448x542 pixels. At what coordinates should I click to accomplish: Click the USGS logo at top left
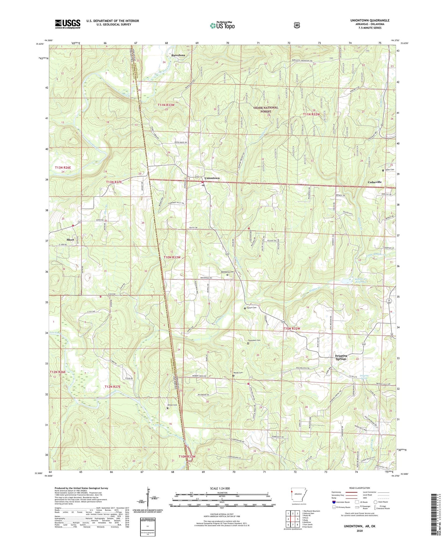[x=68, y=24]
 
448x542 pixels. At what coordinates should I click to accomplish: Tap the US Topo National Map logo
[x=222, y=25]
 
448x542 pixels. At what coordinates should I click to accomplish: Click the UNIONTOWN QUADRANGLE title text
[x=370, y=20]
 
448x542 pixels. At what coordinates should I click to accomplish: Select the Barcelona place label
[x=178, y=55]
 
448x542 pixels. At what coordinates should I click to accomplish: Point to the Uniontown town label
[x=212, y=178]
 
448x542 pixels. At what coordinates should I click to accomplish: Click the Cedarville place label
[x=375, y=182]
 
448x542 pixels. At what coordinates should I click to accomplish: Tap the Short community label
[x=70, y=240]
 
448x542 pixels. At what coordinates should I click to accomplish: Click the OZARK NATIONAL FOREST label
[x=266, y=109]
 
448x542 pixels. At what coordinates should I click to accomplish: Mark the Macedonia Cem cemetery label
[x=227, y=272]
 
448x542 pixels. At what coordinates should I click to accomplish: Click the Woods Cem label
[x=238, y=373]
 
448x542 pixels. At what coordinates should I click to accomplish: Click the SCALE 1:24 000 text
[x=220, y=488]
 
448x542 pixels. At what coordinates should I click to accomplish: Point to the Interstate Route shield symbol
[x=334, y=502]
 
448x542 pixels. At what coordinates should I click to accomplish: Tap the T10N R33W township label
[x=172, y=257]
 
